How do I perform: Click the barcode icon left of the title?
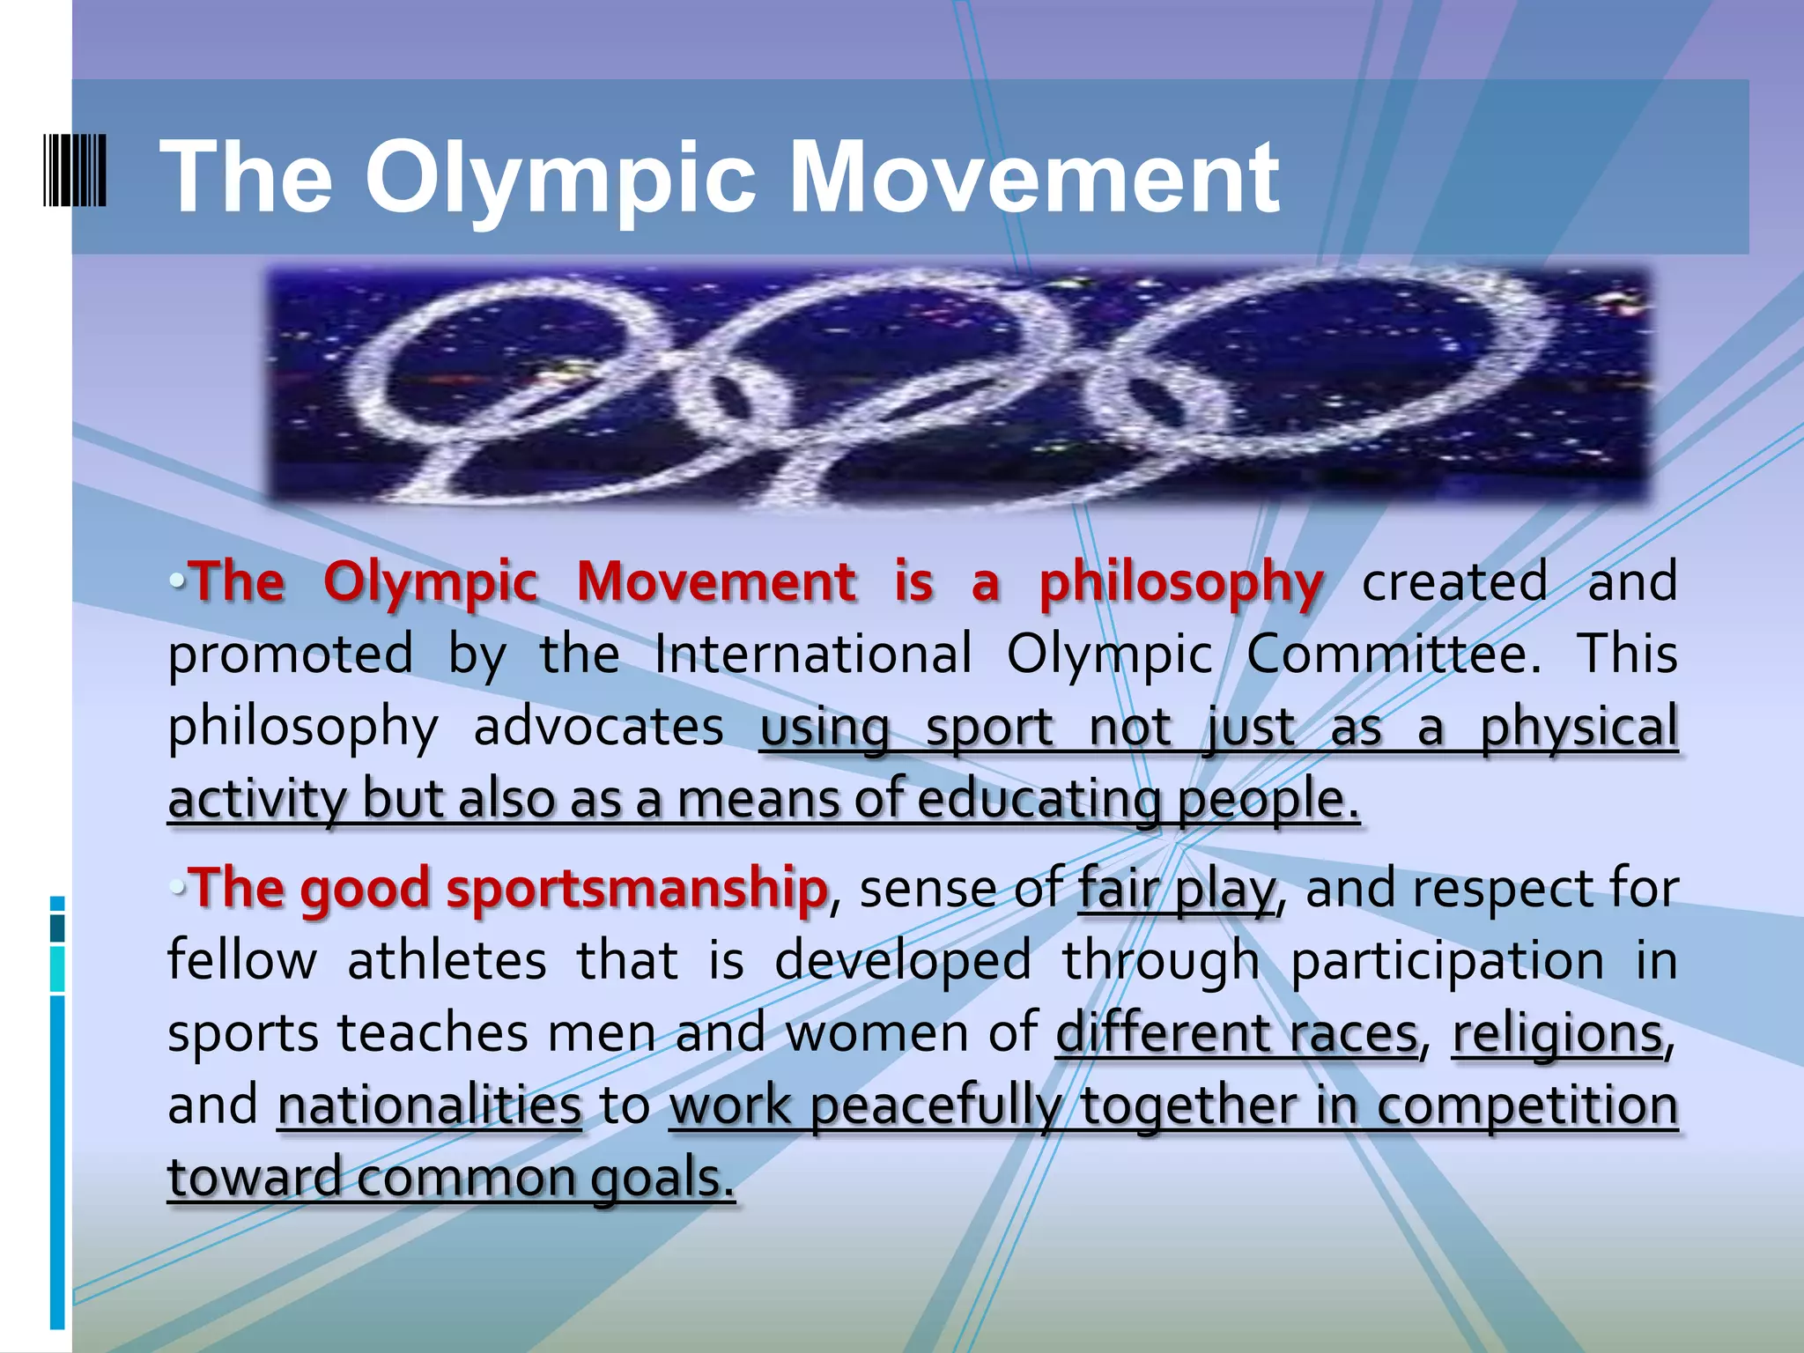pyautogui.click(x=75, y=170)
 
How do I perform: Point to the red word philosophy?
pyautogui.click(x=1181, y=583)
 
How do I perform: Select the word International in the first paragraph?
pyautogui.click(x=813, y=654)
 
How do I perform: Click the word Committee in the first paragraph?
pyautogui.click(x=1393, y=654)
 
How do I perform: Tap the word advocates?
pyautogui.click(x=598, y=728)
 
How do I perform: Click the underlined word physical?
pyautogui.click(x=1578, y=728)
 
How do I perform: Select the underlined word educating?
pyautogui.click(x=1039, y=800)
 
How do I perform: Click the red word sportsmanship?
pyautogui.click(x=636, y=888)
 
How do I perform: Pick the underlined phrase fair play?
pyautogui.click(x=1177, y=888)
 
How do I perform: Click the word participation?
pyautogui.click(x=1447, y=960)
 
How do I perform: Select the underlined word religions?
pyautogui.click(x=1557, y=1032)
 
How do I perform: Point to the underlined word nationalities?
pyautogui.click(x=429, y=1105)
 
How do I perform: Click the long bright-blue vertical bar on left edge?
pyautogui.click(x=57, y=1163)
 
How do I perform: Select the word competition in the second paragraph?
pyautogui.click(x=1527, y=1105)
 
